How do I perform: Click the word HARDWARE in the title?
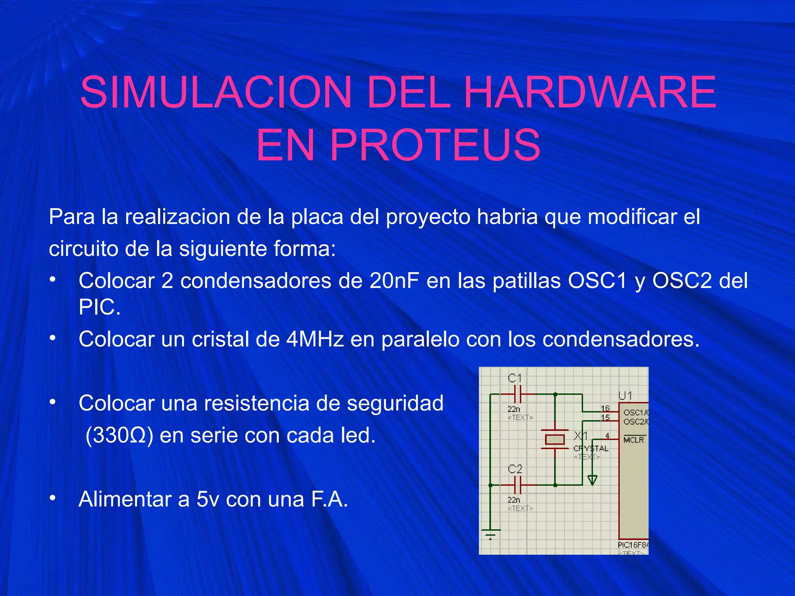click(x=590, y=92)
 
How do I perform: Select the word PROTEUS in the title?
click(x=435, y=145)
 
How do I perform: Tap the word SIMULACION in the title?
click(x=215, y=92)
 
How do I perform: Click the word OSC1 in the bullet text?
click(x=597, y=281)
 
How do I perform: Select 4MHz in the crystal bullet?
click(x=315, y=339)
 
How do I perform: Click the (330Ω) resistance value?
click(x=119, y=435)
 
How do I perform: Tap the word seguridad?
click(x=395, y=404)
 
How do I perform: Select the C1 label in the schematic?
click(x=515, y=378)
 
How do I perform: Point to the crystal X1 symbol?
click(x=555, y=439)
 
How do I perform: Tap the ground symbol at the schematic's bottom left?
click(x=491, y=534)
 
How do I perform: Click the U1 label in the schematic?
click(x=625, y=396)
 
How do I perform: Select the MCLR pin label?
click(x=634, y=440)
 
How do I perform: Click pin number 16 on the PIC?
click(x=605, y=408)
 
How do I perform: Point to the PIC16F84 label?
click(x=633, y=545)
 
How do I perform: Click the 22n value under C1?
click(x=514, y=409)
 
